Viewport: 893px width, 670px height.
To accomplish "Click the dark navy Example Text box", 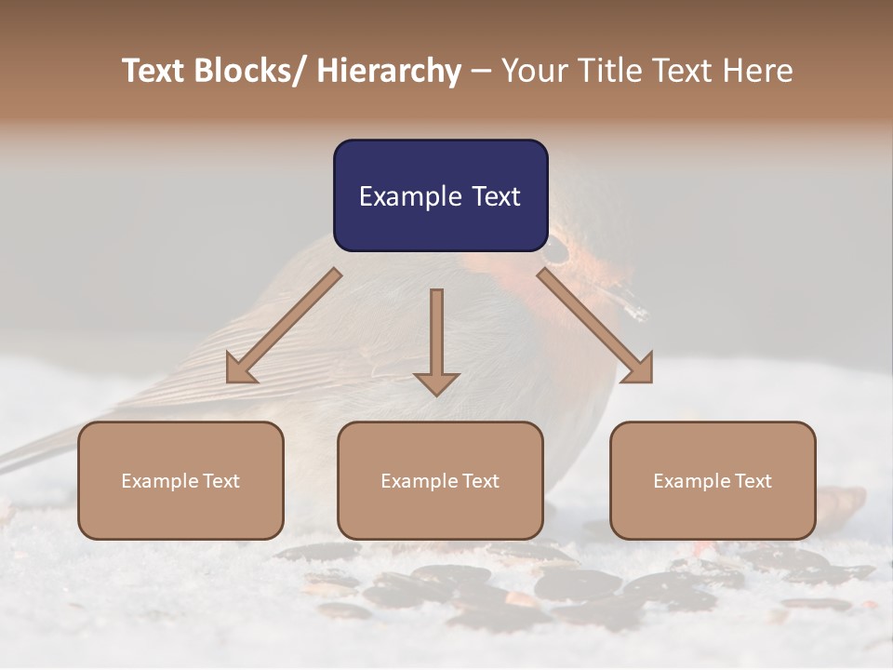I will coord(440,195).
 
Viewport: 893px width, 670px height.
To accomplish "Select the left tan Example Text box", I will coord(180,480).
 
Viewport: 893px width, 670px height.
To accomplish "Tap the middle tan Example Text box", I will coord(440,480).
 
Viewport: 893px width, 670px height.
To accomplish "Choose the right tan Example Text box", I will coord(713,480).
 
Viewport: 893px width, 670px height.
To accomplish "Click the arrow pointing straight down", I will coord(436,340).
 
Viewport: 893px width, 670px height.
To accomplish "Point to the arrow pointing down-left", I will coord(284,326).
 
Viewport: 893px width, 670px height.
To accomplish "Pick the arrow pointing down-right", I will coord(595,326).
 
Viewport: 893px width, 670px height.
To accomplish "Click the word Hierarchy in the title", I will coord(389,71).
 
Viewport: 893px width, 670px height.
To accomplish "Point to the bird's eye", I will coord(556,249).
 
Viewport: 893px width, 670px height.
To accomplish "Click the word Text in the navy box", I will coord(496,196).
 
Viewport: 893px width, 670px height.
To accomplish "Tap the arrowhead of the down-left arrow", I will coord(240,369).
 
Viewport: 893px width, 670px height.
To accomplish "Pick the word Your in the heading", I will coord(532,71).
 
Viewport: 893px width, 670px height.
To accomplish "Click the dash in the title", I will coord(481,71).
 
